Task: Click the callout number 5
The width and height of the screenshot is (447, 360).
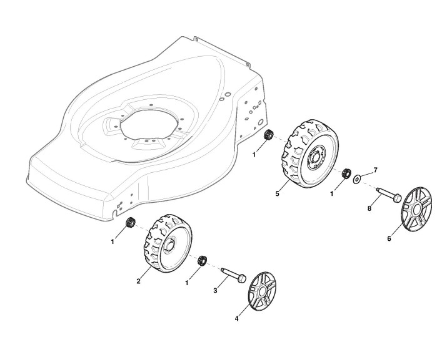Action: tap(276, 194)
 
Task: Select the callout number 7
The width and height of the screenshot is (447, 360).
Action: tap(376, 170)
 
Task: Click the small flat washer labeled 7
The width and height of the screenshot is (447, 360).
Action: tap(356, 179)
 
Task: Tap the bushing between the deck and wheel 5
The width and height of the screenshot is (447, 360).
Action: tap(270, 134)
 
